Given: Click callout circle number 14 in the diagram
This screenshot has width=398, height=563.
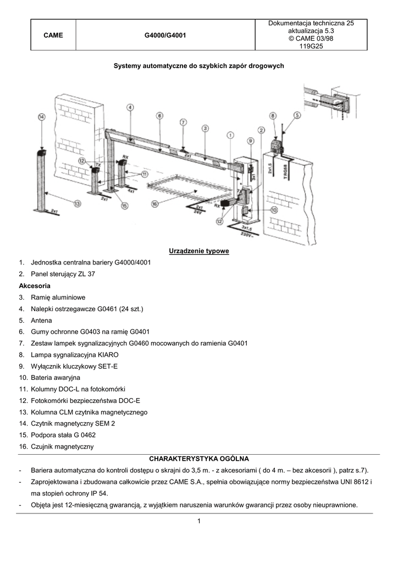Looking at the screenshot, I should click(x=42, y=117).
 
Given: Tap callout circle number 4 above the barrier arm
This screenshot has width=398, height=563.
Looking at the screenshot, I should click(x=130, y=108).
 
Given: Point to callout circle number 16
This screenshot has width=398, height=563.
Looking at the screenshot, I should click(x=154, y=203).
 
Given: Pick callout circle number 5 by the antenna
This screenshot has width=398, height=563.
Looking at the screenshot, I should click(x=297, y=115).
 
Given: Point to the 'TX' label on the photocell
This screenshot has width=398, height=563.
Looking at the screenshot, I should click(x=98, y=164).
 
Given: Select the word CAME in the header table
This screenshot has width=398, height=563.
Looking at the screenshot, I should click(x=53, y=35).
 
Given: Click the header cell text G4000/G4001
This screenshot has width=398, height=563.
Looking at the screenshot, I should click(x=165, y=35).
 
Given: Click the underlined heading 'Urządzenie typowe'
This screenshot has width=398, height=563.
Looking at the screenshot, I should click(x=198, y=251).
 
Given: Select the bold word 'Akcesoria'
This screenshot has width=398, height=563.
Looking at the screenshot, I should click(x=35, y=286).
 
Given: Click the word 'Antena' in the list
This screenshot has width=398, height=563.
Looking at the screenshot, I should click(x=42, y=320).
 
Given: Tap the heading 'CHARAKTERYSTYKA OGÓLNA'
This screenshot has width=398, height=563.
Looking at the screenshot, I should click(x=198, y=458).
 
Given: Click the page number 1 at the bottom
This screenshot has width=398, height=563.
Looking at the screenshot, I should click(x=198, y=529).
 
